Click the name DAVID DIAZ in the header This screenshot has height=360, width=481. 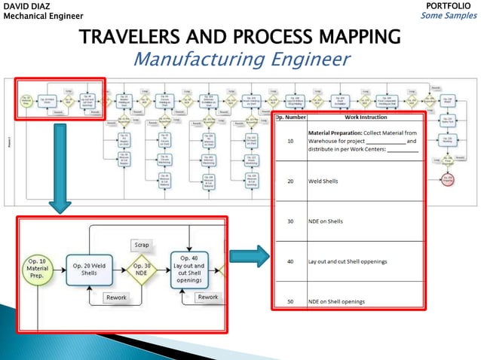[x=29, y=6]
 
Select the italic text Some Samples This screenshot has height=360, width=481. [x=449, y=16]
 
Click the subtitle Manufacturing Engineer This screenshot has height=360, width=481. [x=241, y=58]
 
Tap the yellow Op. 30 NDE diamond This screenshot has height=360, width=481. [x=142, y=270]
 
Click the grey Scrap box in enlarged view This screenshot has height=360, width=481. [x=141, y=245]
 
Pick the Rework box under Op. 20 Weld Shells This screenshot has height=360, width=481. [x=116, y=297]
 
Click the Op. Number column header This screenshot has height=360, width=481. [x=290, y=117]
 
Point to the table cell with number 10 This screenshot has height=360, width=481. [x=290, y=141]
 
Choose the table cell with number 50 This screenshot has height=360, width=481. [x=290, y=301]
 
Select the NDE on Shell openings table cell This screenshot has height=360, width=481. [x=336, y=301]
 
